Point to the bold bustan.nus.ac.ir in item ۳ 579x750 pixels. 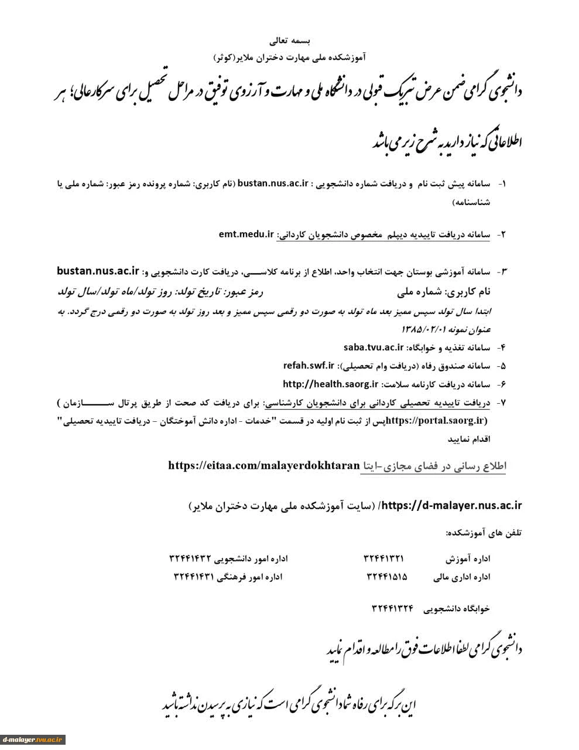click(98, 271)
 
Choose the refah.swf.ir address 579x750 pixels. click(308, 366)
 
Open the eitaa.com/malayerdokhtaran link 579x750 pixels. click(263, 466)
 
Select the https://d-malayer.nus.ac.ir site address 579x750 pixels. click(454, 504)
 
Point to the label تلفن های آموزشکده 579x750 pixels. click(484, 533)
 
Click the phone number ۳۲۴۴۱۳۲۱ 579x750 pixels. click(383, 559)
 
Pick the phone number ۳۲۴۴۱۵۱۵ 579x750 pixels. click(387, 577)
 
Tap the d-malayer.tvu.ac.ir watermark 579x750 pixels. click(33, 739)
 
